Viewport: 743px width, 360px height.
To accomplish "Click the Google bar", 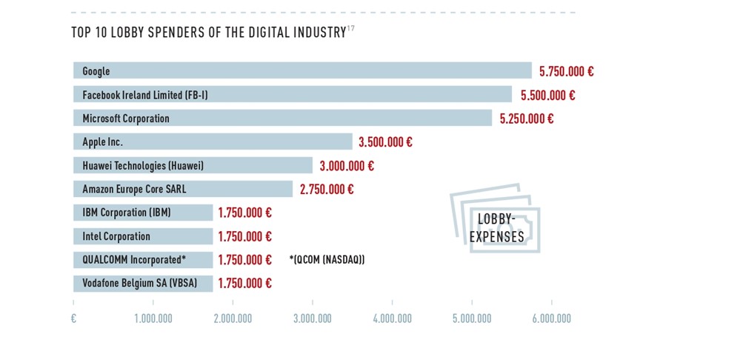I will click(x=302, y=71).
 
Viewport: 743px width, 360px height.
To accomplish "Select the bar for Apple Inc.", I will click(x=213, y=141).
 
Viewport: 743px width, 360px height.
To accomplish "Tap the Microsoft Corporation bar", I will click(x=282, y=119).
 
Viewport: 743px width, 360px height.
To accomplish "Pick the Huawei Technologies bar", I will click(x=193, y=165).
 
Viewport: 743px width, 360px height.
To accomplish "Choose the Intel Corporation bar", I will click(x=143, y=236).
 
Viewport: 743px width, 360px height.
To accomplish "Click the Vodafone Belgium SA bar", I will click(x=143, y=283).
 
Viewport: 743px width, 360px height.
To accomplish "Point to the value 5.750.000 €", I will click(x=566, y=72).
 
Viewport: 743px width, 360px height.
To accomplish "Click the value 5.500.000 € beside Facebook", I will click(x=547, y=96).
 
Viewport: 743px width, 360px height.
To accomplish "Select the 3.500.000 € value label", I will click(x=385, y=142).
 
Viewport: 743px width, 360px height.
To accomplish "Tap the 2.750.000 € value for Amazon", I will click(x=327, y=190).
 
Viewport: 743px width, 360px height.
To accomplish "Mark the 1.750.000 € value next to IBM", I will click(x=244, y=213).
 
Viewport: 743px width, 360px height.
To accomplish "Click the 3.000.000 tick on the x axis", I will click(x=312, y=319).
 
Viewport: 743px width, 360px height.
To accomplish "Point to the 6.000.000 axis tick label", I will click(x=551, y=319).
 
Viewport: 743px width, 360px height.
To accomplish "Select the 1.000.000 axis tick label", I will click(x=153, y=319).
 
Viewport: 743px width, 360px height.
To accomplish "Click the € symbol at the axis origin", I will click(x=73, y=319).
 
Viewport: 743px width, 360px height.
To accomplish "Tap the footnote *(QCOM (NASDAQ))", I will click(x=327, y=260).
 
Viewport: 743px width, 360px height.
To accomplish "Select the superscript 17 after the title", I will click(x=351, y=29).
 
